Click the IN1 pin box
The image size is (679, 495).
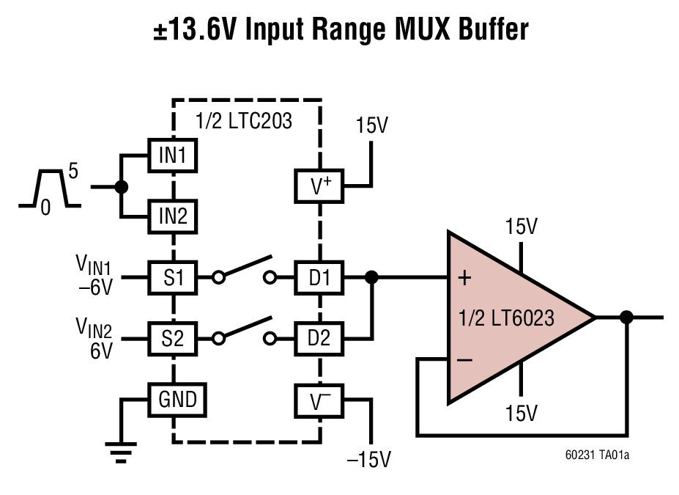pyautogui.click(x=174, y=155)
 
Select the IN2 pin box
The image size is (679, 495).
pyautogui.click(x=174, y=217)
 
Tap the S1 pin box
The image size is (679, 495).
pyautogui.click(x=174, y=277)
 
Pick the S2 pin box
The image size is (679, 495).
pyautogui.click(x=174, y=338)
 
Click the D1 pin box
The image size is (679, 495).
pyautogui.click(x=319, y=277)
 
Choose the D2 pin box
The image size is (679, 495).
pyautogui.click(x=319, y=338)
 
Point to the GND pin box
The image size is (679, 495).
pyautogui.click(x=177, y=399)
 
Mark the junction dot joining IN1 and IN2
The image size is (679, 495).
pyautogui.click(x=122, y=186)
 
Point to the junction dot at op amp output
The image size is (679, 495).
pyautogui.click(x=626, y=317)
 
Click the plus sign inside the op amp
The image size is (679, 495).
pyautogui.click(x=464, y=278)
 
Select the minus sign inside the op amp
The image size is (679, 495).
pyautogui.click(x=464, y=360)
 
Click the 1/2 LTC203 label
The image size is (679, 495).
pyautogui.click(x=244, y=121)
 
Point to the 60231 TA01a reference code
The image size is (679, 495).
pyautogui.click(x=596, y=455)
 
